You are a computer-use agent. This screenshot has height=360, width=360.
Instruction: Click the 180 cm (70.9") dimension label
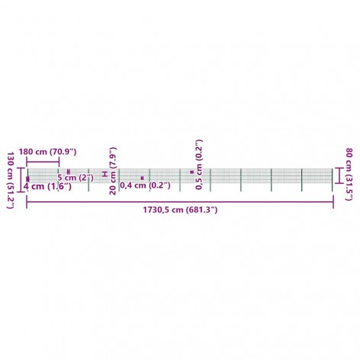point(47,152)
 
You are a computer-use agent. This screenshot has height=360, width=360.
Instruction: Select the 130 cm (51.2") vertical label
point(10,181)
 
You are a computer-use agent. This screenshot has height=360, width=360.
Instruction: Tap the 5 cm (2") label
point(76,178)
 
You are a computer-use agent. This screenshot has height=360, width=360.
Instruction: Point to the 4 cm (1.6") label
point(47,186)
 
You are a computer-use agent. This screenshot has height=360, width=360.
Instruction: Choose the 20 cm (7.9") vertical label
point(112,171)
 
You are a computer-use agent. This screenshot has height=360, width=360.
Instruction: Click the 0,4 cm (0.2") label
point(145,185)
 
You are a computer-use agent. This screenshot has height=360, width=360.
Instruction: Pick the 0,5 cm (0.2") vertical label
point(199,165)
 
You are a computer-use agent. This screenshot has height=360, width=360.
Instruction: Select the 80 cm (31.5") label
point(349,174)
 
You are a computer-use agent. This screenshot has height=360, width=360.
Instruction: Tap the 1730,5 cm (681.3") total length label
point(180,210)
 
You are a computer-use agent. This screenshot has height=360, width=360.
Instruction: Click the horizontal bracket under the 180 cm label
point(43,162)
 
